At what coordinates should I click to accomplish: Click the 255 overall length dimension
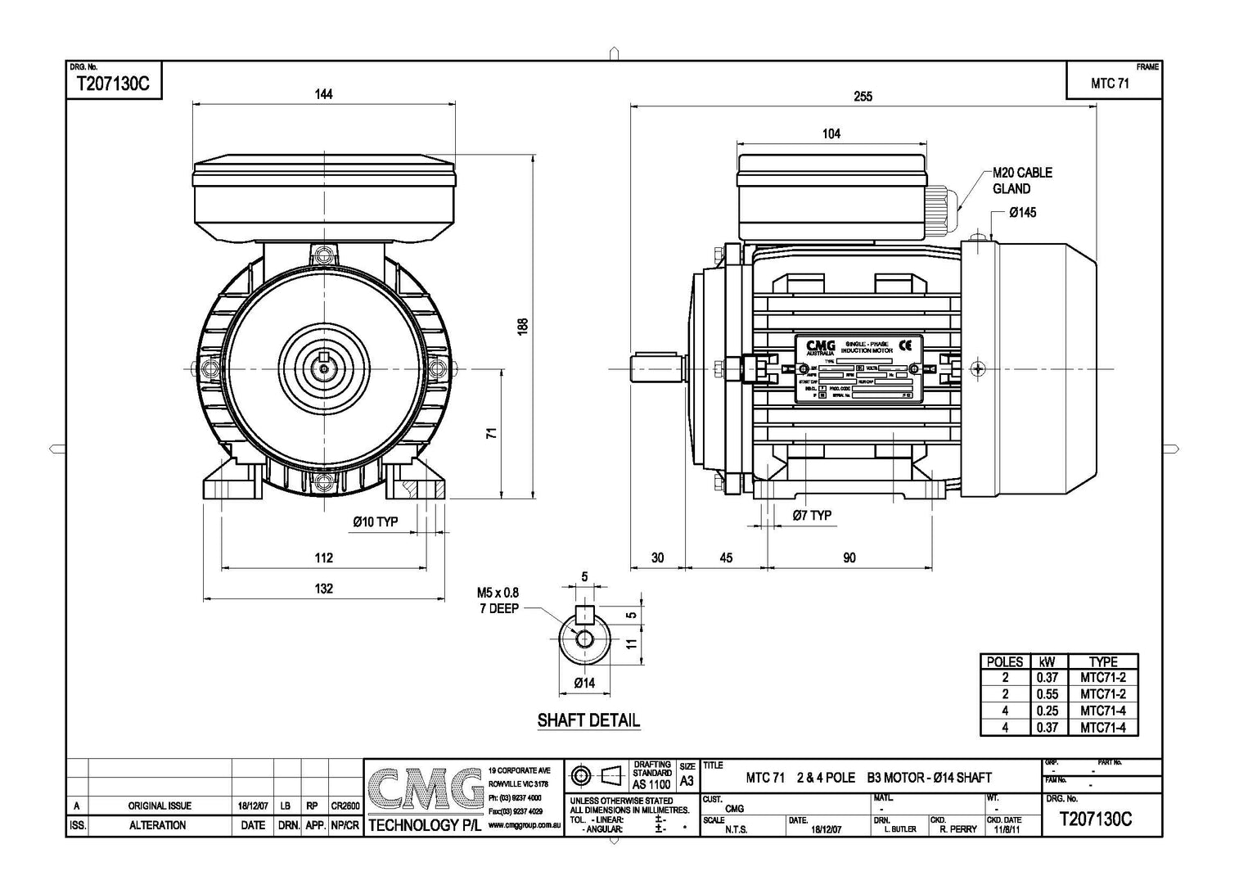[x=863, y=97]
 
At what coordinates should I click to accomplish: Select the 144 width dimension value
[x=324, y=94]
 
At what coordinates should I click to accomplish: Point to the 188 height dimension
[x=524, y=325]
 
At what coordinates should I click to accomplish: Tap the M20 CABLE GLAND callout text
[x=1022, y=181]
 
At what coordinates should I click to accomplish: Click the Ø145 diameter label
[x=1022, y=213]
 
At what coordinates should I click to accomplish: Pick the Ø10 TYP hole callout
[x=375, y=521]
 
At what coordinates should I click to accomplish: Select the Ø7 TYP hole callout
[x=812, y=515]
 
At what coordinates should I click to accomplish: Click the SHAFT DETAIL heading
[x=588, y=720]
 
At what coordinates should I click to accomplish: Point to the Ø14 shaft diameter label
[x=583, y=683]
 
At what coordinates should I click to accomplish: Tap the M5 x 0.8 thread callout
[x=498, y=593]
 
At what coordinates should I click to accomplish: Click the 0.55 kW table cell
[x=1047, y=694]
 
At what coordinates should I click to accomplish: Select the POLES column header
[x=1005, y=661]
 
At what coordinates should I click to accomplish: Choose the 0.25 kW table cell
[x=1047, y=711]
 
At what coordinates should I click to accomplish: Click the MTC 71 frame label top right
[x=1110, y=83]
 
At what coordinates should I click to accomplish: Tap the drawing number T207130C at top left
[x=112, y=83]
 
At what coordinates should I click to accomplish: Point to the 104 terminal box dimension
[x=831, y=133]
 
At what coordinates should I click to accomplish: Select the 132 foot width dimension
[x=324, y=589]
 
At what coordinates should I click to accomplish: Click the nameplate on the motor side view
[x=858, y=369]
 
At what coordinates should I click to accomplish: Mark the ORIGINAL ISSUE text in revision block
[x=160, y=806]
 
